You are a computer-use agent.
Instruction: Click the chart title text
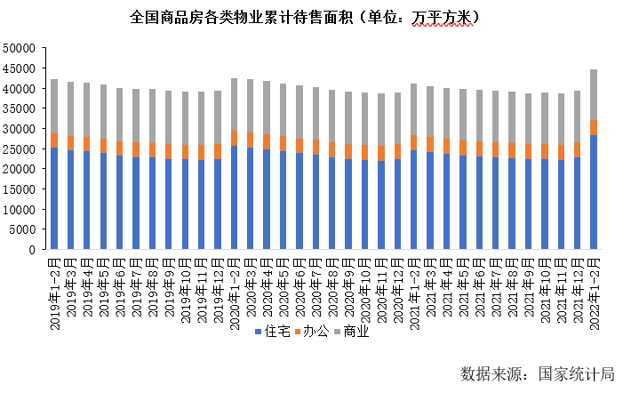[x=305, y=17]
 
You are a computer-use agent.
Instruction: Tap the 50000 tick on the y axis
[x=20, y=49]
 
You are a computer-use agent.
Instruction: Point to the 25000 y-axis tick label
[x=20, y=149]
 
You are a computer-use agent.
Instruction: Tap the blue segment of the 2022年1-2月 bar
[x=594, y=192]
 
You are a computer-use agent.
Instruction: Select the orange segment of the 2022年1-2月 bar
[x=594, y=127]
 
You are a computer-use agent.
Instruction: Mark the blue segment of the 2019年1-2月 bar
[x=54, y=198]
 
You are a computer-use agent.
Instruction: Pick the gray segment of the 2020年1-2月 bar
[x=234, y=105]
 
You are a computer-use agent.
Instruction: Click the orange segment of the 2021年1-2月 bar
[x=414, y=143]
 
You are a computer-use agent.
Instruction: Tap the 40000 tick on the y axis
[x=20, y=89]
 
